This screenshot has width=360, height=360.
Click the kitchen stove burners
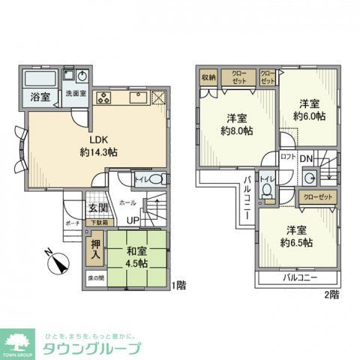(x=103, y=97)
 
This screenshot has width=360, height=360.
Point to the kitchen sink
(x=139, y=98)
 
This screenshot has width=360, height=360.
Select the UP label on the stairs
(x=133, y=220)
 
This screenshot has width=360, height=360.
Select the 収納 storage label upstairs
(x=208, y=76)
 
